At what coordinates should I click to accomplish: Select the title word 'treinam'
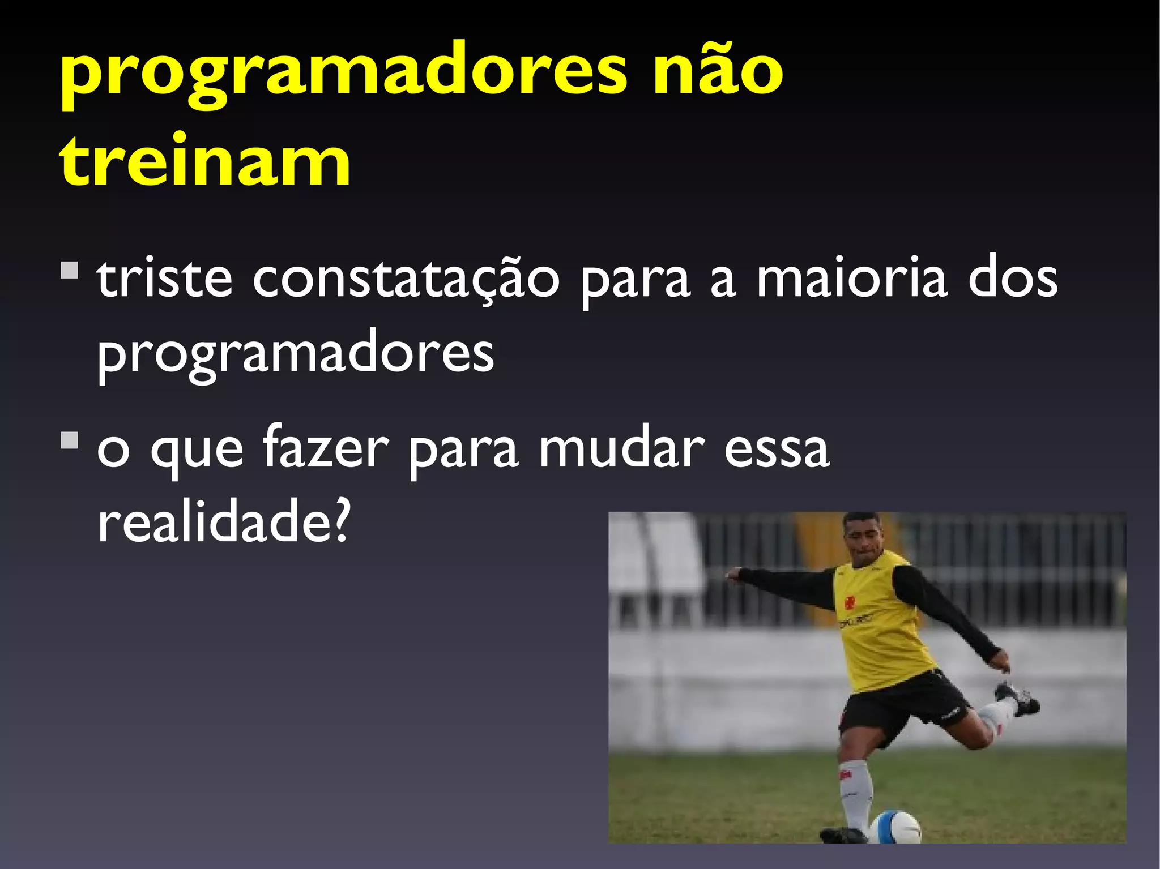point(205,161)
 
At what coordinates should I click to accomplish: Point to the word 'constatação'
point(406,280)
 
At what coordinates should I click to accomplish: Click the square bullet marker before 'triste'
point(69,270)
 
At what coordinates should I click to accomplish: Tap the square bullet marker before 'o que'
point(69,440)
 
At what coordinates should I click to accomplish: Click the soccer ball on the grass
point(895,827)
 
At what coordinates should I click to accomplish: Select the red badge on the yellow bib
point(850,601)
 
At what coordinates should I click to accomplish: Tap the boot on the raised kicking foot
point(1018,698)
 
